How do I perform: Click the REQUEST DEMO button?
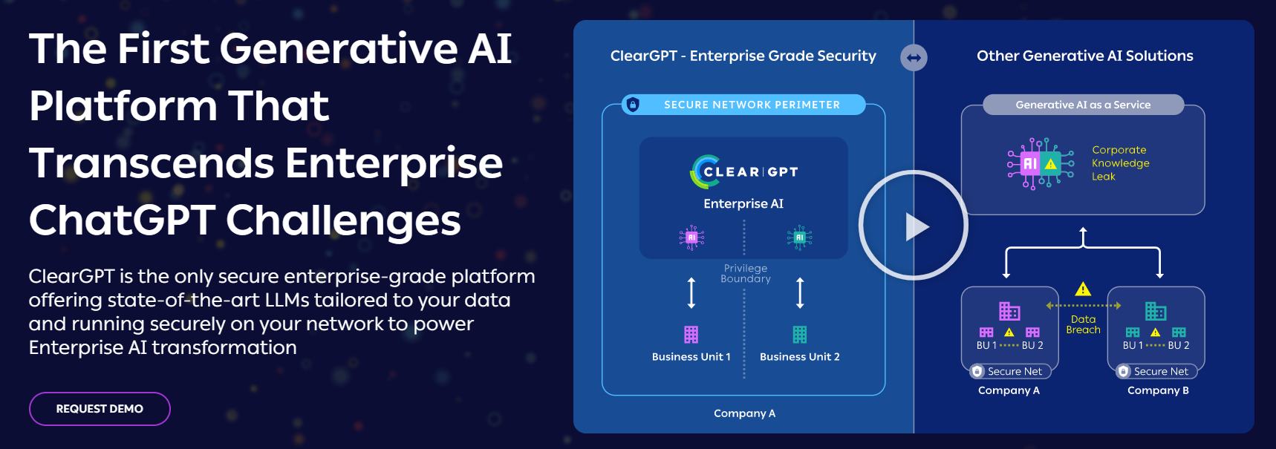pyautogui.click(x=100, y=409)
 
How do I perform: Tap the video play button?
pyautogui.click(x=914, y=226)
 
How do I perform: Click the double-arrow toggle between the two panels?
pyautogui.click(x=914, y=57)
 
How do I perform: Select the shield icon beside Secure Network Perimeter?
pyautogui.click(x=633, y=105)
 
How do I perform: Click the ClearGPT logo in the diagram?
pyautogui.click(x=744, y=171)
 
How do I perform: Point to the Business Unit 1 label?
pyautogui.click(x=691, y=357)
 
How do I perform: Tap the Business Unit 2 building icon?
pyautogui.click(x=799, y=335)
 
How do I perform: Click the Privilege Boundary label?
pyautogui.click(x=746, y=273)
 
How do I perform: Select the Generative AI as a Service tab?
pyautogui.click(x=1083, y=105)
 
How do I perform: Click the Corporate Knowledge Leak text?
pyautogui.click(x=1120, y=163)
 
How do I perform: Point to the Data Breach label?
pyautogui.click(x=1083, y=324)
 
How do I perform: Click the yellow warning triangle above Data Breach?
pyautogui.click(x=1083, y=289)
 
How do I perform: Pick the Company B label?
pyautogui.click(x=1158, y=390)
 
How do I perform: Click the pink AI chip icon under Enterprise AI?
pyautogui.click(x=691, y=237)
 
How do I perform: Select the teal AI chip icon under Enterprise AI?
pyautogui.click(x=799, y=237)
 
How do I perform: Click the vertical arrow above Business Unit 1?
pyautogui.click(x=691, y=292)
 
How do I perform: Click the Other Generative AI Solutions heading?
pyautogui.click(x=1084, y=56)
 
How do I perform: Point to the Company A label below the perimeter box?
pyautogui.click(x=744, y=413)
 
